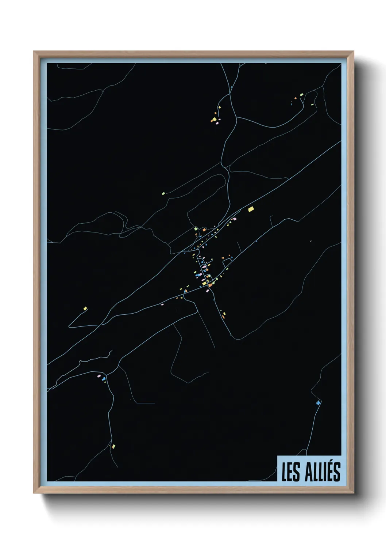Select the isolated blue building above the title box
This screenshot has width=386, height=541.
(x=319, y=402)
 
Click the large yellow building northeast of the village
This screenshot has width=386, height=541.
(x=251, y=209)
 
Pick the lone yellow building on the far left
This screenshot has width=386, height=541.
(x=85, y=309)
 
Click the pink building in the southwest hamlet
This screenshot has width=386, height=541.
(x=99, y=375)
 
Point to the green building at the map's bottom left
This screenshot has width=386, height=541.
(x=114, y=446)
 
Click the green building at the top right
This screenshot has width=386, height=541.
(x=301, y=95)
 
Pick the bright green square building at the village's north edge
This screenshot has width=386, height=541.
(x=196, y=228)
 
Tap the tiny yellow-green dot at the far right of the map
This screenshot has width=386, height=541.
(x=310, y=241)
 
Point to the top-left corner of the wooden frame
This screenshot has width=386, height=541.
(x=34, y=52)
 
